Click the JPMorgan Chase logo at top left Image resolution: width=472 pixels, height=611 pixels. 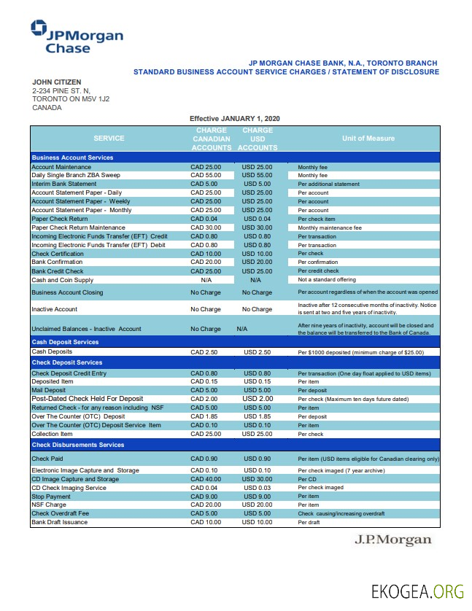point(77,37)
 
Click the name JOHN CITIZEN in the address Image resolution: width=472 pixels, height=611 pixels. point(57,82)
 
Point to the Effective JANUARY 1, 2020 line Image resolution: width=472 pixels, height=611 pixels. point(234,118)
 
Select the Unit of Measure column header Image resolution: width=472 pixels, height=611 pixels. point(368,139)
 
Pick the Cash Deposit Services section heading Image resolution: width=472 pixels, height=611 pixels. point(65,341)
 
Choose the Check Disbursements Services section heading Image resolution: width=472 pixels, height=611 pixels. point(78,444)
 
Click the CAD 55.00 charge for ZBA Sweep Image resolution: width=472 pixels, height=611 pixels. point(206,176)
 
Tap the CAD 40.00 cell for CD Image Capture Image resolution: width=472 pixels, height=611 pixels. point(206,479)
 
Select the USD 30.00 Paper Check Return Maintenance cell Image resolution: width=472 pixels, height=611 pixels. point(257,227)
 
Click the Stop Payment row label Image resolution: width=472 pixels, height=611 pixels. point(52,496)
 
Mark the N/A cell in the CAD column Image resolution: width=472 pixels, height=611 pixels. point(206,279)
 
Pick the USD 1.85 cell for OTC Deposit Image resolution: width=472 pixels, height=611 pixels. point(257,416)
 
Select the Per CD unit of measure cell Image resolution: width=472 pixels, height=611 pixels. point(307,479)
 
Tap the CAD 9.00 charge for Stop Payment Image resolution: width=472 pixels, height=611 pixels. point(206,496)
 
